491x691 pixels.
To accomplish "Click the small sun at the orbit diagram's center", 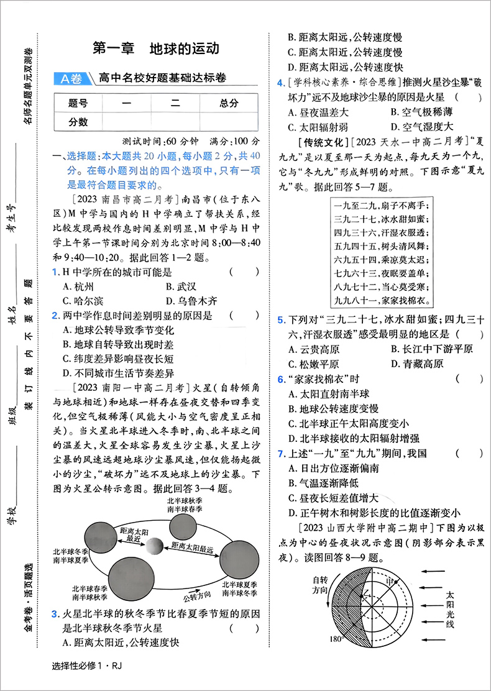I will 152,547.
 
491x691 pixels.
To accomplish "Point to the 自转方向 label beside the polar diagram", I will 319,583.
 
